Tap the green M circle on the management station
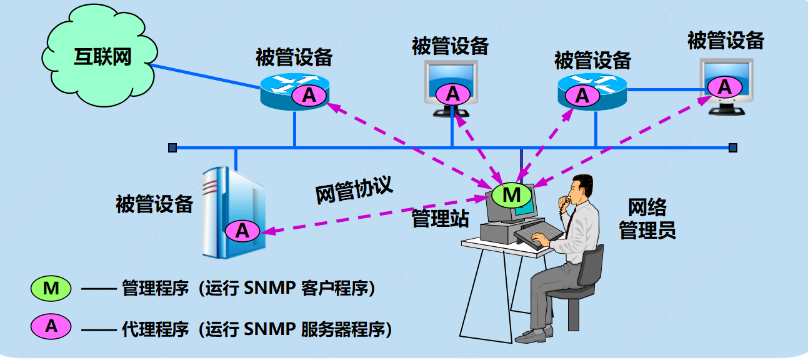pyautogui.click(x=512, y=195)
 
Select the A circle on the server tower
pyautogui.click(x=242, y=231)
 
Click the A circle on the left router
pyautogui.click(x=309, y=95)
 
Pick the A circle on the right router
pyautogui.click(x=582, y=96)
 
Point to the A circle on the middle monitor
pyautogui.click(x=452, y=94)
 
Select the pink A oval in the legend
pyautogui.click(x=51, y=326)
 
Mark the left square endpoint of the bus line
pyautogui.click(x=172, y=148)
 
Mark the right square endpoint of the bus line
pyautogui.click(x=733, y=148)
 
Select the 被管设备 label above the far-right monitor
pyautogui.click(x=726, y=41)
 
